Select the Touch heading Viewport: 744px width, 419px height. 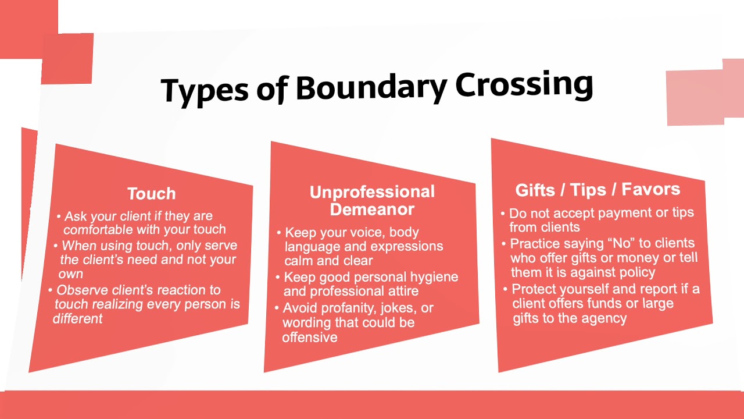pyautogui.click(x=151, y=194)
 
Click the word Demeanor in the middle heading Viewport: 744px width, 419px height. pyautogui.click(x=372, y=210)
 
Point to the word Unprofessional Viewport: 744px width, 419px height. pyautogui.click(x=372, y=193)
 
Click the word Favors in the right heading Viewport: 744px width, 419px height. pyautogui.click(x=650, y=189)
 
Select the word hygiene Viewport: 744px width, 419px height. pyautogui.click(x=430, y=277)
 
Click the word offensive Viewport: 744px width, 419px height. pyautogui.click(x=310, y=338)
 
